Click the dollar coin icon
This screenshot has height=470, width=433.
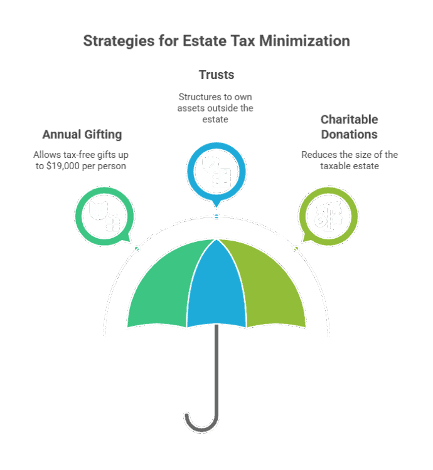320,221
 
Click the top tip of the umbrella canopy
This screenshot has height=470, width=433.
216,239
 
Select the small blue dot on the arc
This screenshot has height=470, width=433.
216,216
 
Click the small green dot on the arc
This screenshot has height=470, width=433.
137,249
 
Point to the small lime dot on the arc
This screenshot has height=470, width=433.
296,249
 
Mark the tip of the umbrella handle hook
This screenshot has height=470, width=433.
186,414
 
